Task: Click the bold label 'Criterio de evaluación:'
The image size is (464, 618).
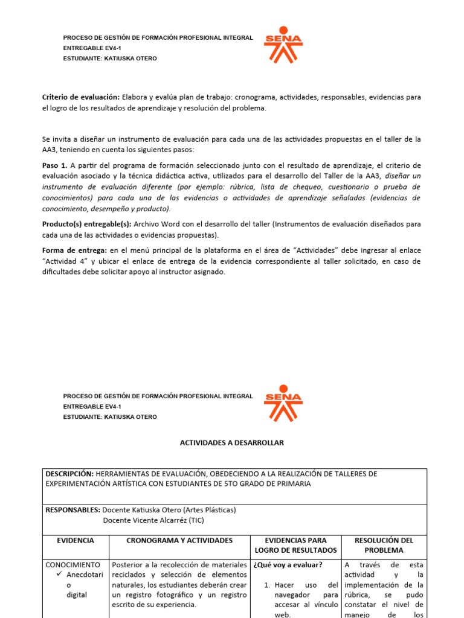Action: pos(80,97)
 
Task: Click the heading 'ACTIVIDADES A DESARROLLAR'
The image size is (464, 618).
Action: pos(232,442)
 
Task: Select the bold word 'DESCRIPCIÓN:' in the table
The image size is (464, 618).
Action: pos(70,474)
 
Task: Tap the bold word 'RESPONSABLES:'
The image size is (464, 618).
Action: pos(73,509)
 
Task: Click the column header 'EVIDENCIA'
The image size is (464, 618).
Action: pos(75,540)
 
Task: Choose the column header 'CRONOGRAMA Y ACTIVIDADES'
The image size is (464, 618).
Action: pos(179,540)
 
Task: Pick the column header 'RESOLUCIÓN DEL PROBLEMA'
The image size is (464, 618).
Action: pos(385,545)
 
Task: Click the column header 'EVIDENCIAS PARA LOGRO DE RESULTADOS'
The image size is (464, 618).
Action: pos(295,545)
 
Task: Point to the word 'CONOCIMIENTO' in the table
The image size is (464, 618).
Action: pos(73,565)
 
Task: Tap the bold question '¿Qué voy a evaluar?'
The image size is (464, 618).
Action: pos(288,565)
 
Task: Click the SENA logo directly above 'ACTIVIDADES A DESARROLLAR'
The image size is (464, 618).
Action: pos(283,403)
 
